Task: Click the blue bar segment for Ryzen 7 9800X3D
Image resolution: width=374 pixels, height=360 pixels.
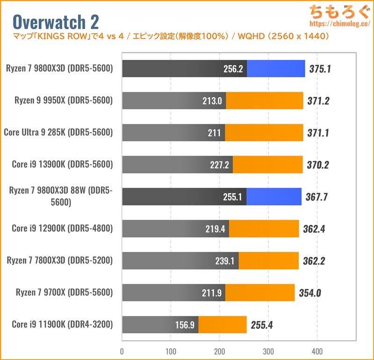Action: point(276,69)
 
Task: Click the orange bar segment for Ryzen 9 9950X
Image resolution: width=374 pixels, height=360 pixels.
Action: point(265,101)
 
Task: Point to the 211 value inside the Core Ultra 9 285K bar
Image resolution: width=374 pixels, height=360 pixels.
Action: point(215,133)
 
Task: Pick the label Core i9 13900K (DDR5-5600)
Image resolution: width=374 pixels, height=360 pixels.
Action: point(62,164)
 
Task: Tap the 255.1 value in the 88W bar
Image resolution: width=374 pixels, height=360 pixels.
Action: point(232,197)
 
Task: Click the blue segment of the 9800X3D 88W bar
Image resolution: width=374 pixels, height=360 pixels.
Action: point(274,196)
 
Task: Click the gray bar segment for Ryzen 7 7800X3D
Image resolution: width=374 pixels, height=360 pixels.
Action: point(180,260)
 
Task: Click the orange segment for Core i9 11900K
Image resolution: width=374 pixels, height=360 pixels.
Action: point(223,324)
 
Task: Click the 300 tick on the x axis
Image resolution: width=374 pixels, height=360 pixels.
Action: point(268,351)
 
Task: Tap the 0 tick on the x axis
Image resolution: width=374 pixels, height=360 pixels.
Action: point(122,351)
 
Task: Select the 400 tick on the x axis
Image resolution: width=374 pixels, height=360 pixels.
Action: point(317,351)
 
